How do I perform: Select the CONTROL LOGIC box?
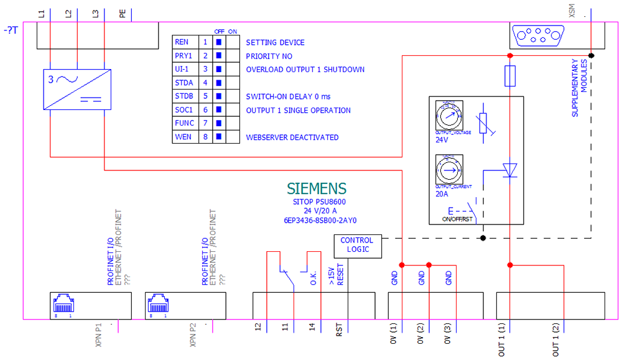pyautogui.click(x=357, y=245)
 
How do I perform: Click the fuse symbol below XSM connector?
pyautogui.click(x=509, y=76)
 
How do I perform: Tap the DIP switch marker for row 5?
pyautogui.click(x=218, y=96)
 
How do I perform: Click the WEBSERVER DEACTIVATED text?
pyautogui.click(x=292, y=137)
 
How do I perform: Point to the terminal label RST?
pyautogui.click(x=340, y=330)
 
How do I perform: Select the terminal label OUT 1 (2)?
pyautogui.click(x=555, y=339)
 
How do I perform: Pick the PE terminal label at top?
pyautogui.click(x=123, y=12)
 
